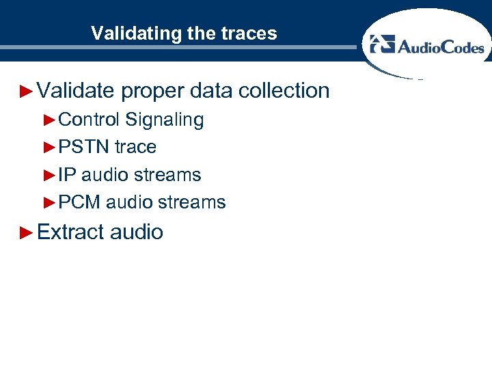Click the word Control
pyautogui.click(x=89, y=120)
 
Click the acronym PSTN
pyautogui.click(x=84, y=147)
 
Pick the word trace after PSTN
pyautogui.click(x=135, y=147)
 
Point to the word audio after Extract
pyautogui.click(x=136, y=232)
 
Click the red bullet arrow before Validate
pyautogui.click(x=27, y=90)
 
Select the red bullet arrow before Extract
pyautogui.click(x=27, y=232)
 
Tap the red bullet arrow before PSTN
pyautogui.click(x=49, y=147)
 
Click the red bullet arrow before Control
pyautogui.click(x=49, y=120)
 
